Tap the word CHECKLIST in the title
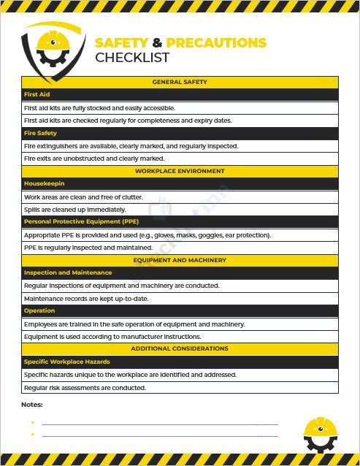click(132, 58)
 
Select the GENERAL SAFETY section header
click(180, 82)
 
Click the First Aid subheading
click(37, 95)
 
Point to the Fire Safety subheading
click(40, 133)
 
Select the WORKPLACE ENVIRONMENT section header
click(180, 171)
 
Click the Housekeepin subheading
click(45, 184)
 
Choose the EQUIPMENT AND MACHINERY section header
click(180, 260)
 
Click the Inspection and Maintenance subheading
click(68, 272)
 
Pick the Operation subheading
click(39, 310)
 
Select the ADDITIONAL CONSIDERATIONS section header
click(180, 348)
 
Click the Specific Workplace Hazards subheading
click(66, 362)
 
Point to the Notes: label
click(32, 404)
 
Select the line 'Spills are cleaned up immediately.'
click(74, 210)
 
